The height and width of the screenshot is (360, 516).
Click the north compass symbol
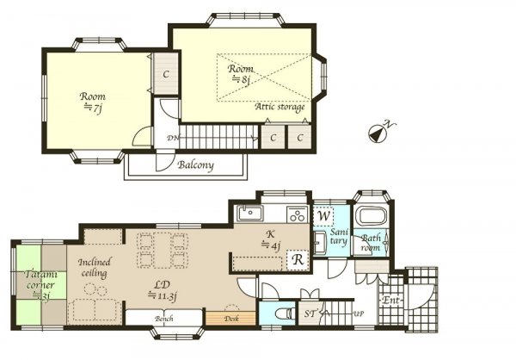(378, 133)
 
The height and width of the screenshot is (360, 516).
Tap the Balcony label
(195, 164)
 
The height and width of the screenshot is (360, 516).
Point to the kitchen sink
(249, 214)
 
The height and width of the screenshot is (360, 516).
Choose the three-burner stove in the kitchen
(298, 214)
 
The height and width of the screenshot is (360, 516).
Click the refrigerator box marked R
(298, 260)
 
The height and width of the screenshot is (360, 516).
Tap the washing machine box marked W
(324, 216)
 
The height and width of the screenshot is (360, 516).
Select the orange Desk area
(230, 318)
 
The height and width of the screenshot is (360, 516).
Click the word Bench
(164, 319)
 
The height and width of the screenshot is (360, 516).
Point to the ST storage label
(310, 313)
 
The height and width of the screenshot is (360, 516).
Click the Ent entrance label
(390, 301)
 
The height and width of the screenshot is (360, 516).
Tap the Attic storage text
(279, 107)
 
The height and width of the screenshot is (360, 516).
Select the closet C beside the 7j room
(166, 73)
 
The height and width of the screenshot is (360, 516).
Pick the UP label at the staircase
(359, 313)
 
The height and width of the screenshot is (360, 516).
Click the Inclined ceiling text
(95, 268)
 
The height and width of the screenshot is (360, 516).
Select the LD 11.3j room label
(163, 290)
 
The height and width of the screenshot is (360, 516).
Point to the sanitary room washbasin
(320, 243)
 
